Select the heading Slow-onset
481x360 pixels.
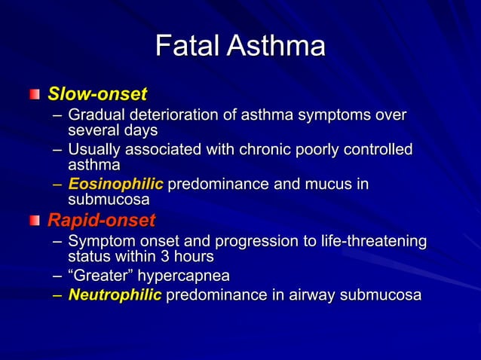(97, 95)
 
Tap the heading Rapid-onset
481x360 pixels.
(101, 221)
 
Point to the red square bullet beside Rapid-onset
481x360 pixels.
(35, 221)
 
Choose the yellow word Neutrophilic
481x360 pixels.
(115, 294)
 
